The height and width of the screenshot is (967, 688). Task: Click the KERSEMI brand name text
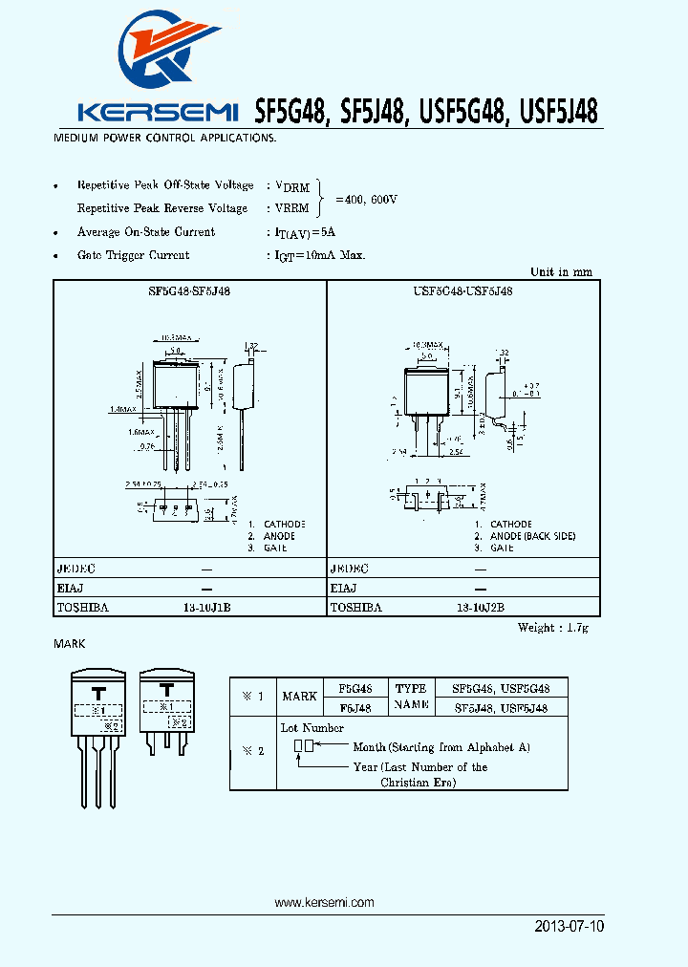pos(158,113)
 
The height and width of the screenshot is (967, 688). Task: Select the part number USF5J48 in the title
pos(559,112)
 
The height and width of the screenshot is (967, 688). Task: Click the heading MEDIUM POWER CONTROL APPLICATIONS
pos(164,139)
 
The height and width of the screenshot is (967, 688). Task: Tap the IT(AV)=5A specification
pos(304,232)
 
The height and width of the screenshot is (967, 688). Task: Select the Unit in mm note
pos(561,272)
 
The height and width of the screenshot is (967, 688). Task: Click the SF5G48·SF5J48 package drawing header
pos(188,290)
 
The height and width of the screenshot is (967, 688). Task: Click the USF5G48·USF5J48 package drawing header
pos(462,290)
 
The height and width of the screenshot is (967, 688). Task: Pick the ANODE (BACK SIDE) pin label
pos(532,536)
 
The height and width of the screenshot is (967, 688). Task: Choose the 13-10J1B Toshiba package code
pos(206,607)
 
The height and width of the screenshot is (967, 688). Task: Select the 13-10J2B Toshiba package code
pos(480,607)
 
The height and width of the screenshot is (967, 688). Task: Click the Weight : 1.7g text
pos(554,628)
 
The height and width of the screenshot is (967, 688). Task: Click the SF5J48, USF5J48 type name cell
pos(501,708)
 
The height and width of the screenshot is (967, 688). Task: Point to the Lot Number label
pos(312,728)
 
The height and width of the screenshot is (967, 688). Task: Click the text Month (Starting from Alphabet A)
pos(441,747)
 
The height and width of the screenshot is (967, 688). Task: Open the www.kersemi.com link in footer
pos(324,902)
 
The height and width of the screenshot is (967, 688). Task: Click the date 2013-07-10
pos(570,927)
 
